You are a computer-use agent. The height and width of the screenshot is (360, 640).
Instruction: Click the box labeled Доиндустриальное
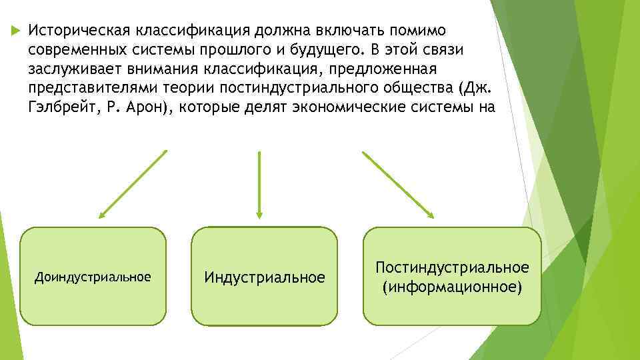93,276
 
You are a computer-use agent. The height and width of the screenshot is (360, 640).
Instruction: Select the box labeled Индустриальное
265,277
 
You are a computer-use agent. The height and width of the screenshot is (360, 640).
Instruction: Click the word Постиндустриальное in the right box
452,267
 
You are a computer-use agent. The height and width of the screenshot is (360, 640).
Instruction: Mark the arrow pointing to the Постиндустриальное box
398,185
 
